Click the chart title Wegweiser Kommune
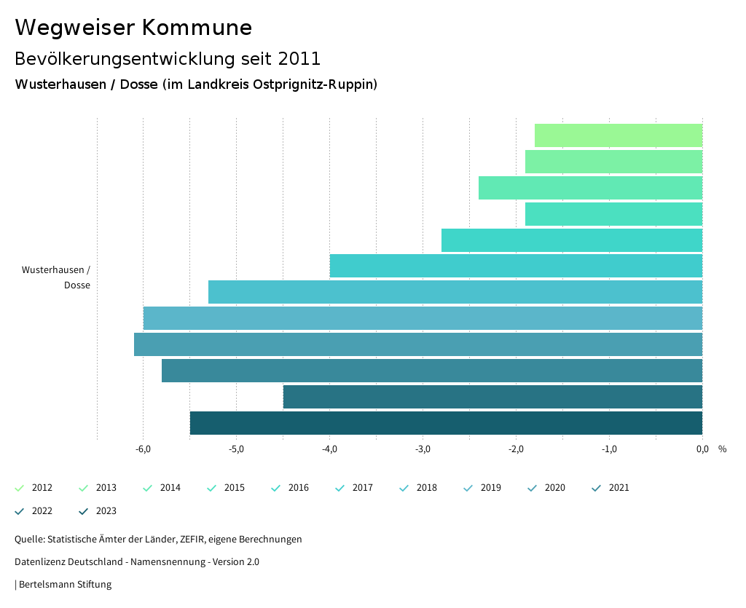(133, 28)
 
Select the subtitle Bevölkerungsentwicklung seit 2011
(168, 58)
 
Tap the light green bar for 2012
(618, 135)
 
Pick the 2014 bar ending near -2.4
(590, 188)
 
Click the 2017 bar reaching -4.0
(516, 266)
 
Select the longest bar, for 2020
(418, 344)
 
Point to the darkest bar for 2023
(446, 423)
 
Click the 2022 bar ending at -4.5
(492, 397)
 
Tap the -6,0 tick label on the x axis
(144, 449)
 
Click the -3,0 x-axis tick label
(423, 449)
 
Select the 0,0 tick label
(702, 449)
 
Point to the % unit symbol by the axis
(722, 449)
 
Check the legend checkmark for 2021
(597, 488)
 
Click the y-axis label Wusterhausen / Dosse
(56, 277)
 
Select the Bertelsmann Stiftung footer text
(65, 585)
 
